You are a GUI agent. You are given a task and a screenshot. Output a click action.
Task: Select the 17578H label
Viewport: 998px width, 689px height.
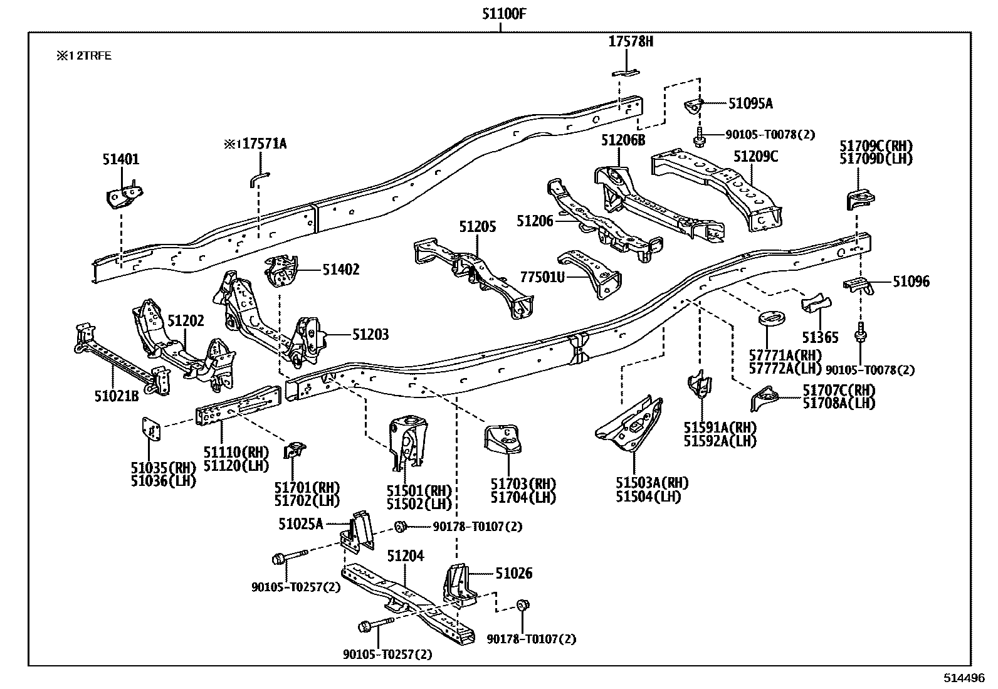click(631, 42)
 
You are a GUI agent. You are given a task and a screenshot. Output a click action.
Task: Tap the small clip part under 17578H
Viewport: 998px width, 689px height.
click(626, 71)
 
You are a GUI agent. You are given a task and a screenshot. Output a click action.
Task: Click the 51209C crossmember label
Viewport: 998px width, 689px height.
click(756, 156)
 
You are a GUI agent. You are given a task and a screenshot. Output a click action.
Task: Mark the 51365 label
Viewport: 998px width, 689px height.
click(819, 337)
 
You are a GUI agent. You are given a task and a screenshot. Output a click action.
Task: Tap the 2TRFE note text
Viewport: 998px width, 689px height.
click(85, 56)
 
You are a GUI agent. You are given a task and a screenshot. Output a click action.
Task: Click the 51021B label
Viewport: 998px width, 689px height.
click(117, 396)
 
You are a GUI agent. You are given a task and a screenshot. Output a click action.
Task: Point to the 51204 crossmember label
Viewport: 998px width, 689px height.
click(405, 556)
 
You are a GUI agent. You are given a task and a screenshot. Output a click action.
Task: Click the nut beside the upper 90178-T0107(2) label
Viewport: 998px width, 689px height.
click(400, 527)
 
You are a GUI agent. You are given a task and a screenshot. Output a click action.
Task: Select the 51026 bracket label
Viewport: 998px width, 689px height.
click(513, 573)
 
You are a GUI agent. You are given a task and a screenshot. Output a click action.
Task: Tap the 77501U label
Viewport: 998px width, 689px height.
click(542, 276)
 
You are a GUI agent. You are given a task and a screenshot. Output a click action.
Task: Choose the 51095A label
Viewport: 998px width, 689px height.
click(750, 103)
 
